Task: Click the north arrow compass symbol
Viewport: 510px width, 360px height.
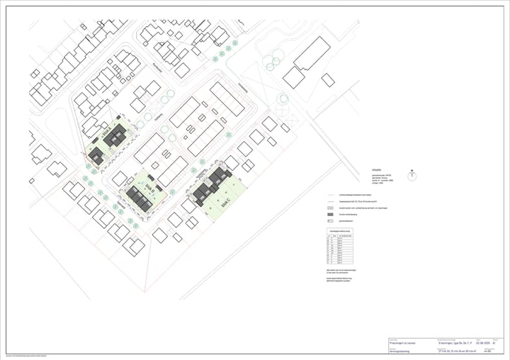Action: pos(412,173)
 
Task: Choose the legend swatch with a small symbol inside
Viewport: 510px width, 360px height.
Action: pos(331,221)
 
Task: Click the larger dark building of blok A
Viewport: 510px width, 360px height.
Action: pos(116,136)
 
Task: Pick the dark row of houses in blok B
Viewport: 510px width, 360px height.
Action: pos(139,198)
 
